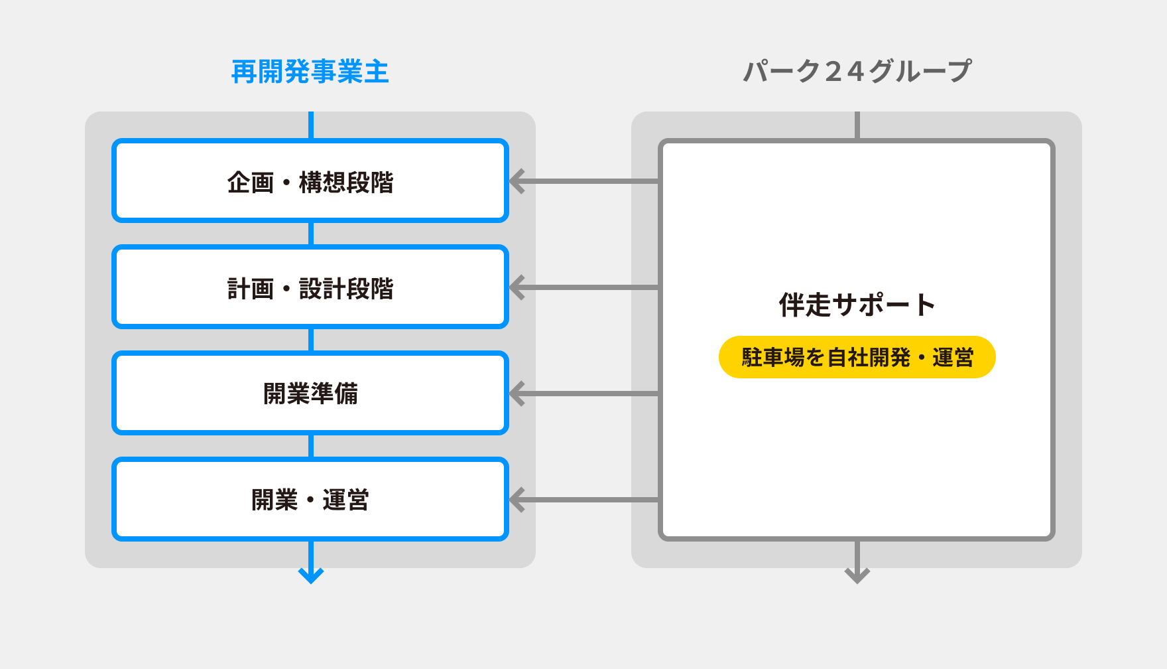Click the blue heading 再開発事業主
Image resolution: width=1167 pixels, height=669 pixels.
click(310, 72)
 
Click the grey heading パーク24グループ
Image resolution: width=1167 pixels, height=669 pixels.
click(857, 72)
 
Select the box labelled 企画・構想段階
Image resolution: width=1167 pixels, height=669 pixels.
click(310, 181)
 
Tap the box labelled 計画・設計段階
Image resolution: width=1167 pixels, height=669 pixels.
click(310, 287)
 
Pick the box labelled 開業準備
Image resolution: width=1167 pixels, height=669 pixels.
click(310, 394)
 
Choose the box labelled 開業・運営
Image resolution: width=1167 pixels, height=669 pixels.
click(310, 500)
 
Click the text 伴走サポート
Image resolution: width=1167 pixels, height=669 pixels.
click(857, 305)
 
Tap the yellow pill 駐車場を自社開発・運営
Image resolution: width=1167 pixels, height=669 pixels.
click(857, 357)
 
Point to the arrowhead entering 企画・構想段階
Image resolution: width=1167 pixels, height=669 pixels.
click(517, 181)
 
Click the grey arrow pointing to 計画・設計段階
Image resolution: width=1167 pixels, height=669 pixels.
click(583, 287)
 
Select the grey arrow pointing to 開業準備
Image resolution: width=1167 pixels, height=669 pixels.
click(583, 394)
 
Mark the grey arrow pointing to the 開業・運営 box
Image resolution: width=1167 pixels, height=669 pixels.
click(583, 500)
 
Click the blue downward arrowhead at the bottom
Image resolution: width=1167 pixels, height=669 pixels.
click(311, 574)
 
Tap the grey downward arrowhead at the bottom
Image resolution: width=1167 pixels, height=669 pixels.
click(857, 574)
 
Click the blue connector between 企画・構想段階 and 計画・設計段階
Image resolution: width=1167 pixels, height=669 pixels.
click(311, 234)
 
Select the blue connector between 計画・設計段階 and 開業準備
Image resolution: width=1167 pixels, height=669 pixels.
click(311, 340)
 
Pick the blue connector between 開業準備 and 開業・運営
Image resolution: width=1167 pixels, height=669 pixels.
click(311, 446)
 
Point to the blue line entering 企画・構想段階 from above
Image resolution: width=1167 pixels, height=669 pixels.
click(311, 125)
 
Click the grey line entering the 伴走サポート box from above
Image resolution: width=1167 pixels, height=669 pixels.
click(857, 125)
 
